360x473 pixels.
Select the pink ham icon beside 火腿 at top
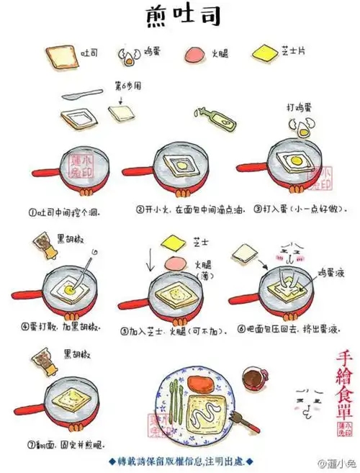[196, 55]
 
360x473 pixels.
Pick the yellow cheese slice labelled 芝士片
[264, 53]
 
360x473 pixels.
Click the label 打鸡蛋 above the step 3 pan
[298, 108]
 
